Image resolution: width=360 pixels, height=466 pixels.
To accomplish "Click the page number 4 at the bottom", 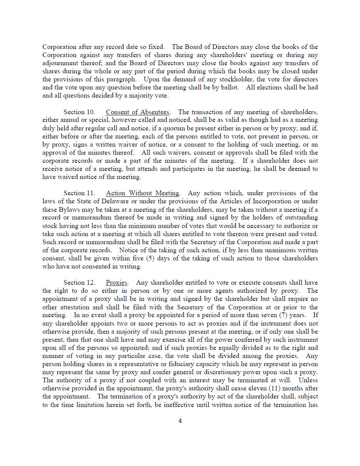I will click(180, 421).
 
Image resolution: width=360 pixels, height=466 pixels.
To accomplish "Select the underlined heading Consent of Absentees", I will click(138, 112).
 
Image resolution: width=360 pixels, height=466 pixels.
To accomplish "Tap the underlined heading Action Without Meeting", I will click(143, 193).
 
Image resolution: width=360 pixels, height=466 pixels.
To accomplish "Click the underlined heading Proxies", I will click(116, 283).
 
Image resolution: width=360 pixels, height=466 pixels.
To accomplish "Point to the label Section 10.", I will click(79, 112).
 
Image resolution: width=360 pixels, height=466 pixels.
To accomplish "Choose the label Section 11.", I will click(79, 193).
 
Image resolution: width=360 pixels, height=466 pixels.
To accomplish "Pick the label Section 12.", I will click(79, 283).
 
